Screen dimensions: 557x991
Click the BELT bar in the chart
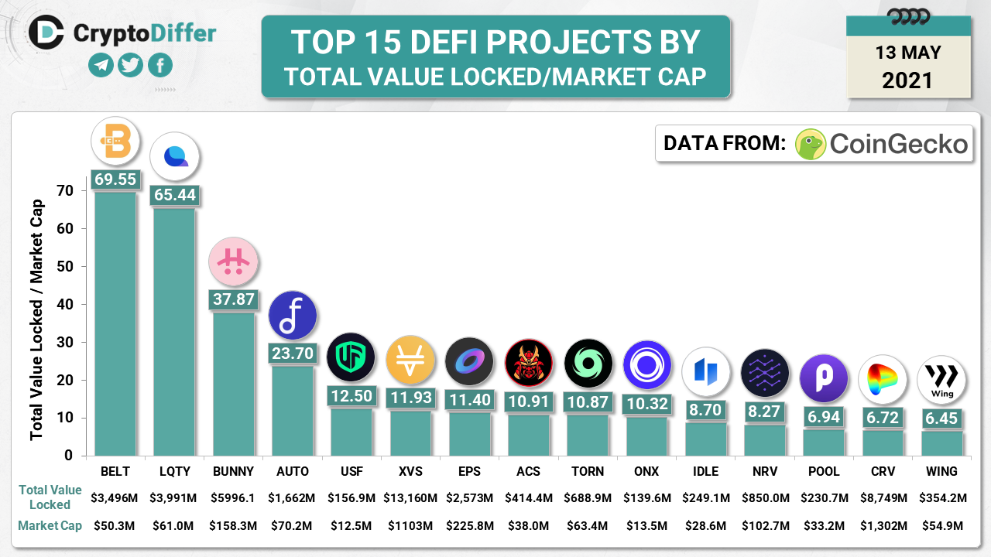[x=115, y=323]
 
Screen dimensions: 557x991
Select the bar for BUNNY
[x=233, y=384]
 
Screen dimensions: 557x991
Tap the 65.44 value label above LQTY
[x=174, y=195]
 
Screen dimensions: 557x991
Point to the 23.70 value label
[x=293, y=353]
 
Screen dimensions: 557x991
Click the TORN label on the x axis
[x=587, y=471]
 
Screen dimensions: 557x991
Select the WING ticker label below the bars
[x=941, y=471]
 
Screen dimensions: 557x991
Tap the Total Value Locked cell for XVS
[x=410, y=497]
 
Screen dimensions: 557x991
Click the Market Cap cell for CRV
[x=883, y=526]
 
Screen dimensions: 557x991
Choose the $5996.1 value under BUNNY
[x=233, y=497]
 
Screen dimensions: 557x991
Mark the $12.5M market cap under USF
[x=351, y=526]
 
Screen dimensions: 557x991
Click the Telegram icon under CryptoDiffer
[x=101, y=65]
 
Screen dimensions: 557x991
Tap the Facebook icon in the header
[x=159, y=65]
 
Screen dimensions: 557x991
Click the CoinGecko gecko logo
[x=811, y=144]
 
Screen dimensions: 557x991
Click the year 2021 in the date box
[x=908, y=80]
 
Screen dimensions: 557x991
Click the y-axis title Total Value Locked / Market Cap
[x=37, y=320]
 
